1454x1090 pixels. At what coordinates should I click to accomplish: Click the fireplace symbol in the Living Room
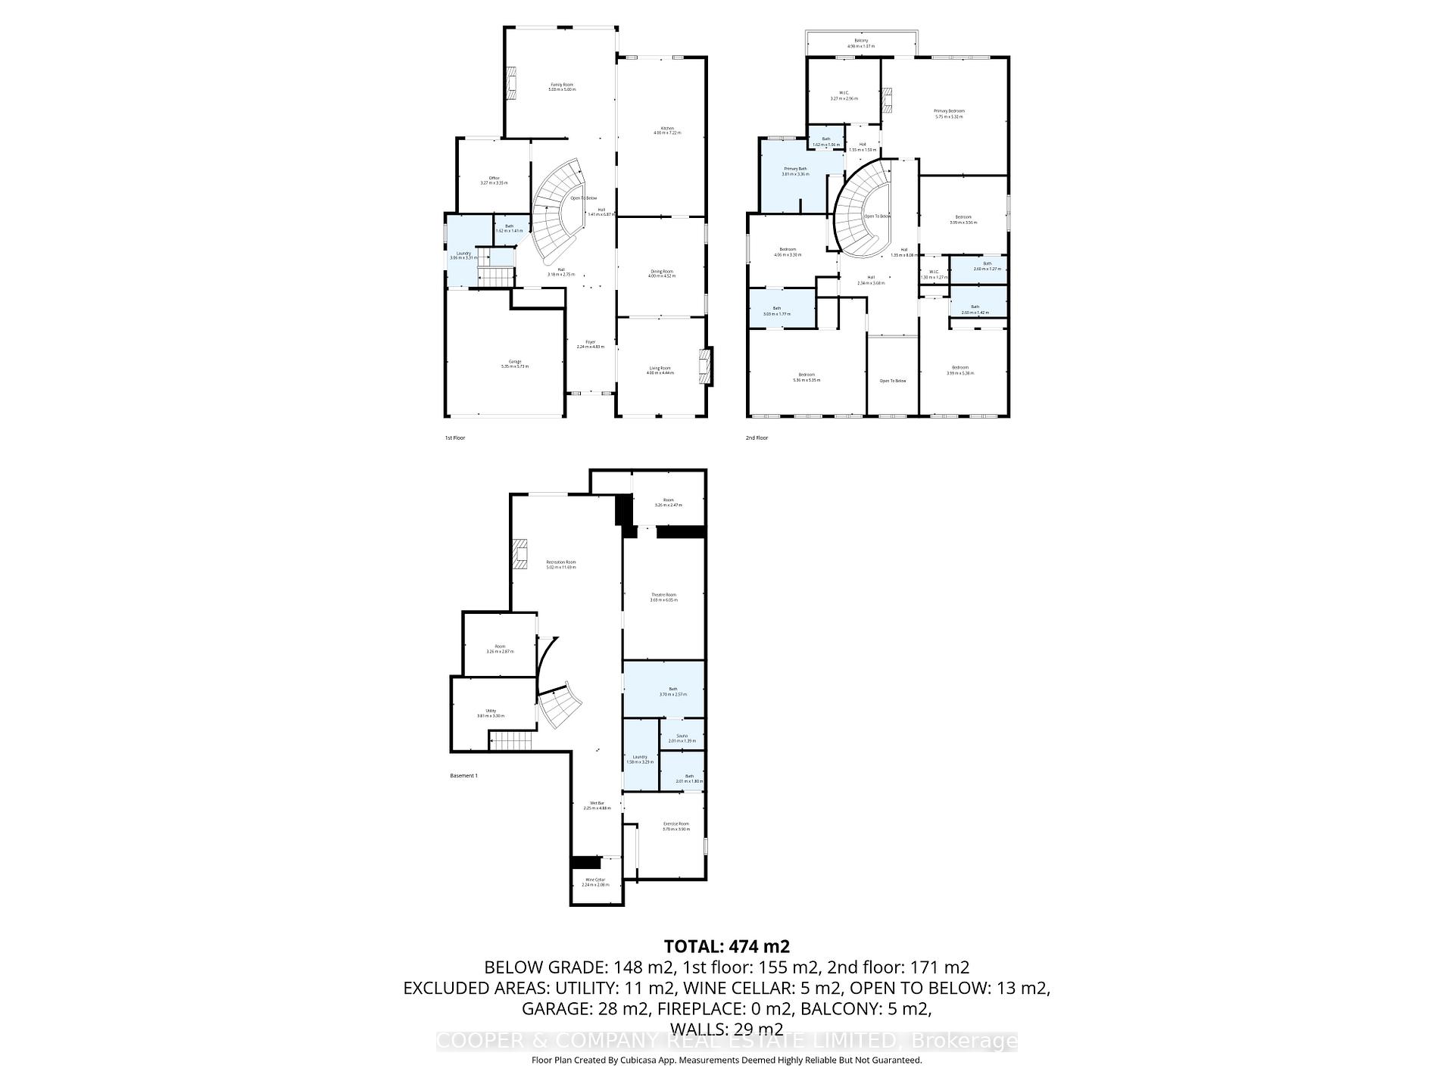706,366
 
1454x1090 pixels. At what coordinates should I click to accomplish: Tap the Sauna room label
682,737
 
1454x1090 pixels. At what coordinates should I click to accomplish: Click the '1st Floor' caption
454,438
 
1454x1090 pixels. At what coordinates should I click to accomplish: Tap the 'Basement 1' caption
463,776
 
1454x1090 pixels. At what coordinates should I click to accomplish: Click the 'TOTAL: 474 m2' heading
726,946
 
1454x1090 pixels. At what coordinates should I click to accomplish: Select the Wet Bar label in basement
597,805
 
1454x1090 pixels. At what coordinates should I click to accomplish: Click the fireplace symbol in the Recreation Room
520,554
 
